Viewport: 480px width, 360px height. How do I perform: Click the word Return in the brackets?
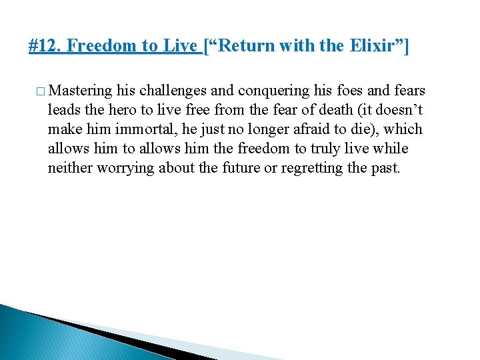click(241, 46)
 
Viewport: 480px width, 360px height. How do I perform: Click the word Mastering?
click(81, 91)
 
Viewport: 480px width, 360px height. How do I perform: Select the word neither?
click(70, 167)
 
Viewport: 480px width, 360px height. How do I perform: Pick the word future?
click(237, 167)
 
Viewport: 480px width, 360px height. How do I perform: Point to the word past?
click(385, 167)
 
